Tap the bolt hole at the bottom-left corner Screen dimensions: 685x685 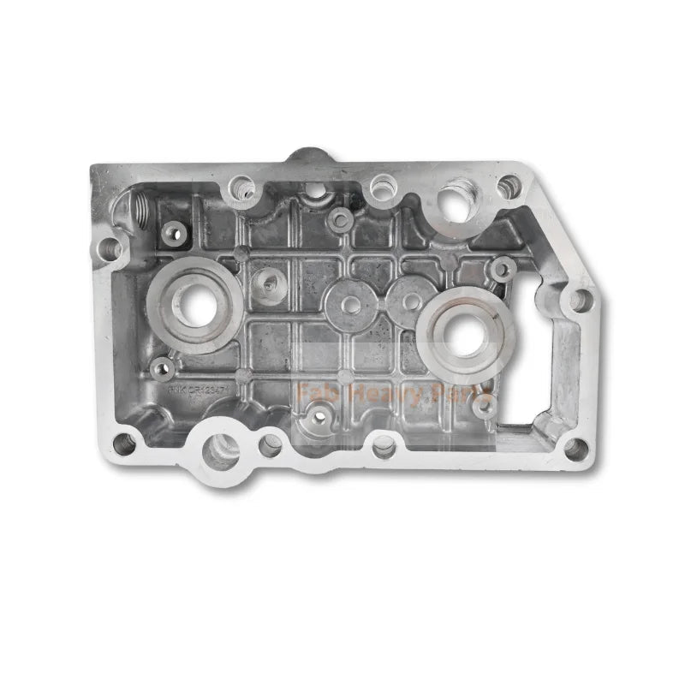tap(124, 444)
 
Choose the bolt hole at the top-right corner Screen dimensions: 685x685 tap(509, 186)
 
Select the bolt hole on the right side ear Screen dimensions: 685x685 tap(579, 301)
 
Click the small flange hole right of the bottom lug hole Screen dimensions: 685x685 tap(271, 443)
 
